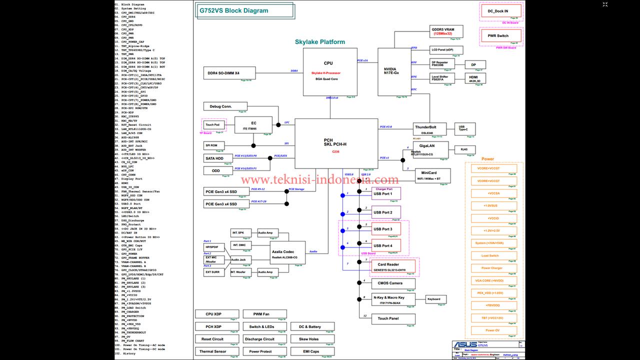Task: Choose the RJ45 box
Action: click(464, 149)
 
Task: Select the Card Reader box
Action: click(393, 266)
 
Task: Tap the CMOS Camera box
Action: click(393, 283)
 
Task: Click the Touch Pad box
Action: click(212, 125)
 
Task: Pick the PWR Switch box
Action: click(501, 36)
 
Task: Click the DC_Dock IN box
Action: click(501, 11)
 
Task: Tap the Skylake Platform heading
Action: click(320, 42)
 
